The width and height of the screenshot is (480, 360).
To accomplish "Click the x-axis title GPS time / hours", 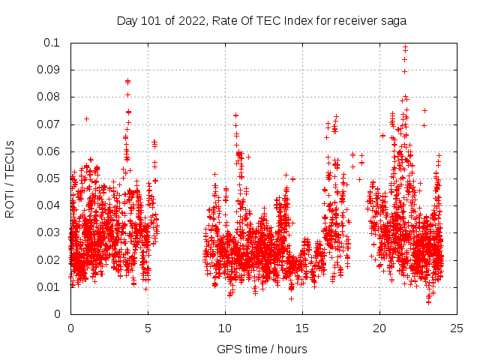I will point(262,349).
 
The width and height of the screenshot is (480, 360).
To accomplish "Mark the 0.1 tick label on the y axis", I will point(52,43).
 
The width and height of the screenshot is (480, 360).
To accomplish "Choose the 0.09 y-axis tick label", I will point(49,70).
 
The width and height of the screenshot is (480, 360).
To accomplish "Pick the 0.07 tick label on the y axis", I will point(49,124).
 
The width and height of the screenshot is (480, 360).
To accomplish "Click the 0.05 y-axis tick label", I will point(49,178).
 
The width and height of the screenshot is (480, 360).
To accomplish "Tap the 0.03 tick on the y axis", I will point(49,232).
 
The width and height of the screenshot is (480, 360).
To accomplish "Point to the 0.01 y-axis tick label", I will point(49,287).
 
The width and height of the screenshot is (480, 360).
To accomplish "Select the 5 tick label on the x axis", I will point(148,328).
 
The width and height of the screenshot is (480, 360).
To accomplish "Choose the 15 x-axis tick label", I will point(302,328).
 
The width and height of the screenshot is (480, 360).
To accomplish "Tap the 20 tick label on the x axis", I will point(379,328).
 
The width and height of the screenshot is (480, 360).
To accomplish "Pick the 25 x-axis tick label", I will point(457,328).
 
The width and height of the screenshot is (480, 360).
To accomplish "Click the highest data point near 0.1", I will point(405,46).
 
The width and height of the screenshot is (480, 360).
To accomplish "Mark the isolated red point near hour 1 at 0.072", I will point(86,118).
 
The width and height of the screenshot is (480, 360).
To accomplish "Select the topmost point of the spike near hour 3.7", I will point(127,80).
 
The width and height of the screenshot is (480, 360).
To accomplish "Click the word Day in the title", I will point(127,21).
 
